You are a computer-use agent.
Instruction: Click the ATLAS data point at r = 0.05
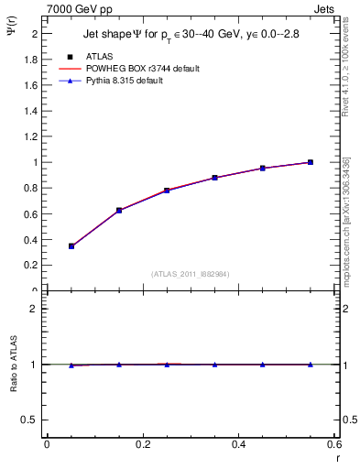[x=71, y=245]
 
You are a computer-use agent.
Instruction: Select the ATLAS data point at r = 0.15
[x=119, y=210]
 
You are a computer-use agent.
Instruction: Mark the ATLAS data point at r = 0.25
[x=167, y=191]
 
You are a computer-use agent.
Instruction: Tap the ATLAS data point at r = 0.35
[x=214, y=178]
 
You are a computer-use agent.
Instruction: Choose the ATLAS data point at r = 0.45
[x=262, y=169]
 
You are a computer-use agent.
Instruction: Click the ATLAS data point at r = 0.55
[x=311, y=162]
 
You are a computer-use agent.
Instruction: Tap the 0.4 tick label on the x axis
[x=238, y=444]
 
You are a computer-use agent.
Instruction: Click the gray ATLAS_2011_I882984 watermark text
[x=191, y=273]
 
